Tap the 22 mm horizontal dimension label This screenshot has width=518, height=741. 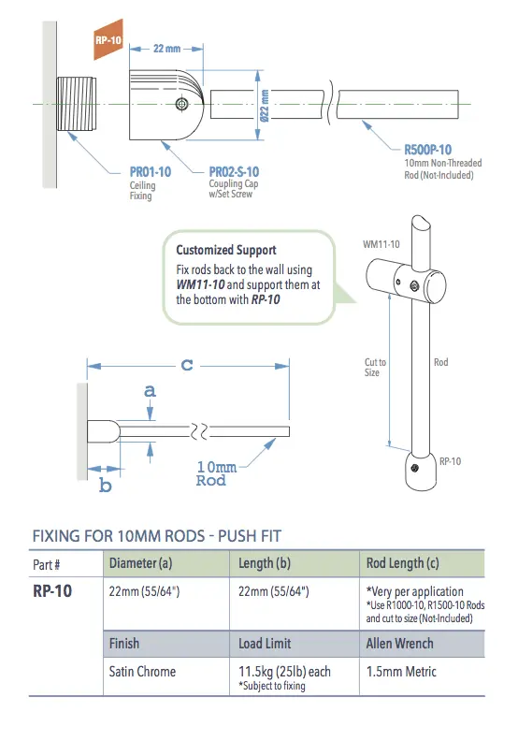[167, 49]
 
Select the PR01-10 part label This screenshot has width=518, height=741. [150, 172]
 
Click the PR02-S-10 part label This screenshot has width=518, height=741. [234, 172]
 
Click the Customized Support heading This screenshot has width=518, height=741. [226, 250]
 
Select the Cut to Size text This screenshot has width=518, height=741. [375, 367]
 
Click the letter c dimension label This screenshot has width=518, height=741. [187, 365]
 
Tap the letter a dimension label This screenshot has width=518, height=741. [150, 392]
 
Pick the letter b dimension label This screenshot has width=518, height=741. [105, 486]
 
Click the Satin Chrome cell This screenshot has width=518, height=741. [142, 672]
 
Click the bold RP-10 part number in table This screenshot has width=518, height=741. [51, 591]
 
